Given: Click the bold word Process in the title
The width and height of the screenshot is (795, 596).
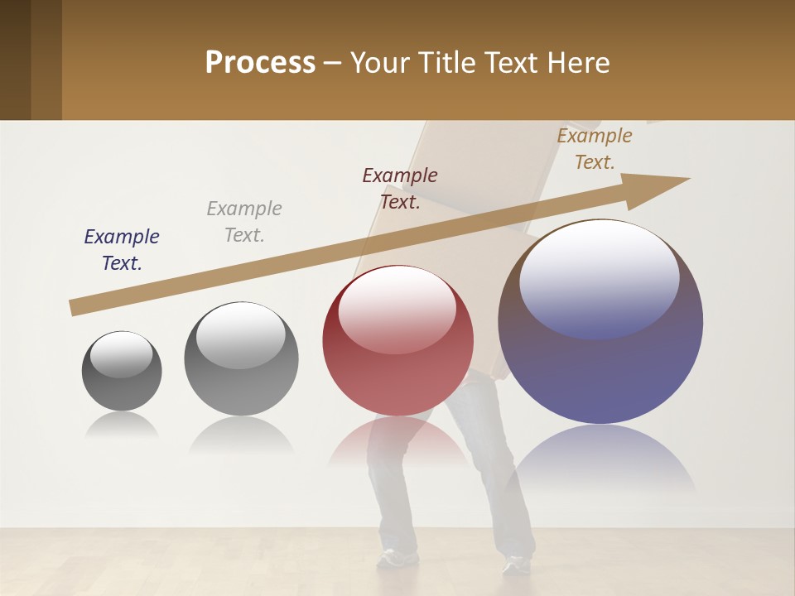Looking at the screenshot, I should click(x=260, y=63).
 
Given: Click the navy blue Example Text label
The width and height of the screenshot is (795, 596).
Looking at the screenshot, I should click(x=122, y=250).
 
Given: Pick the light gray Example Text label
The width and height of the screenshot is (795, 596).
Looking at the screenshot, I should click(x=244, y=222).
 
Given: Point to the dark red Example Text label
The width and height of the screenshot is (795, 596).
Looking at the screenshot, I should click(x=400, y=189).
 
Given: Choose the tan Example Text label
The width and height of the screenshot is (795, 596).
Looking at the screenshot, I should click(x=595, y=149).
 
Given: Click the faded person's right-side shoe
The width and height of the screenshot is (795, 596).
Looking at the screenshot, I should click(x=516, y=565).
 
